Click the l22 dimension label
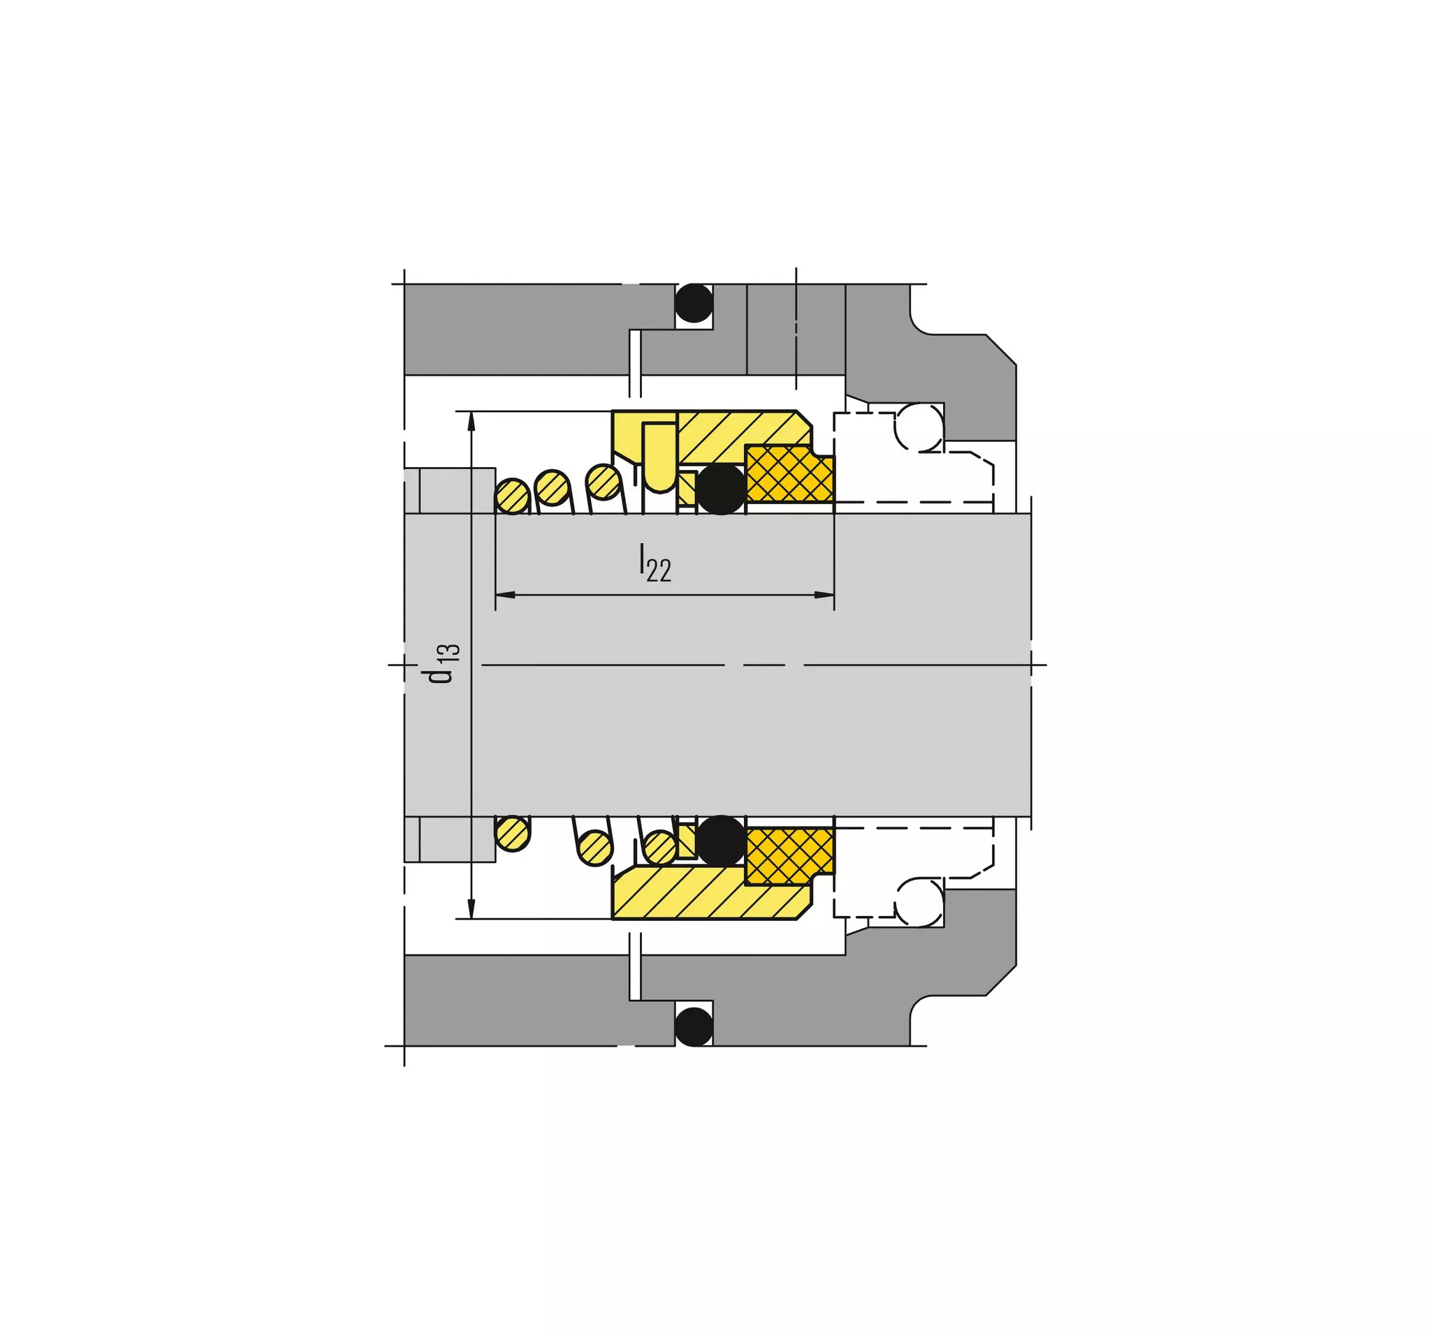(655, 563)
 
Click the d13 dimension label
(440, 663)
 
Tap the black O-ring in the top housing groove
(694, 303)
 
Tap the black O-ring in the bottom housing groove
(694, 1027)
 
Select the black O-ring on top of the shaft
(721, 489)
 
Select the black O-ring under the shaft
(721, 841)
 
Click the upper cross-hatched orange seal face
(790, 474)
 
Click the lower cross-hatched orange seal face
(790, 855)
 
